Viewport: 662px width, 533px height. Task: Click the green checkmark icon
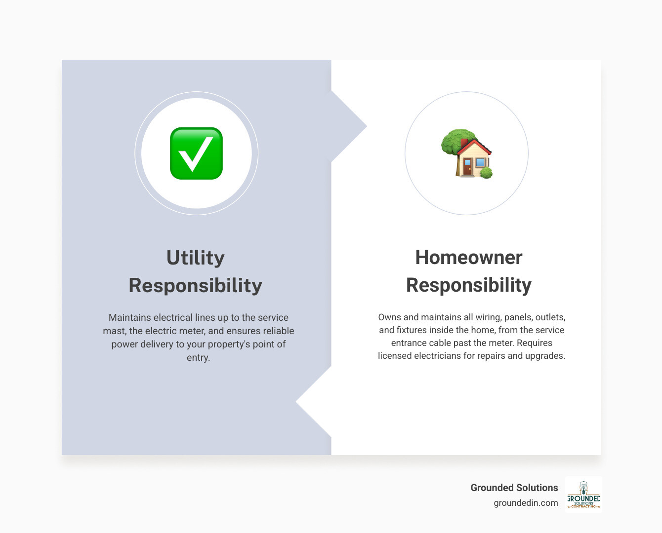[x=196, y=153]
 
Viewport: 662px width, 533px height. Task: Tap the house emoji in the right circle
[x=467, y=154]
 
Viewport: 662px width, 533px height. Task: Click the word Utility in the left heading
[x=196, y=258]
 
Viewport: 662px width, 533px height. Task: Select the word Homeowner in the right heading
[x=468, y=257]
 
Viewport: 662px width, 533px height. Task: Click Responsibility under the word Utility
[x=196, y=285]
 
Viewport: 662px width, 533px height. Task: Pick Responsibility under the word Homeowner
[x=468, y=285]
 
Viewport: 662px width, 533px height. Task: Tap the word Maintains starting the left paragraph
[x=129, y=317]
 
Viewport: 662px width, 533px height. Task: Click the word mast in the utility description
[x=114, y=331]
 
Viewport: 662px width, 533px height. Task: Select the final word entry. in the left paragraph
[x=198, y=357]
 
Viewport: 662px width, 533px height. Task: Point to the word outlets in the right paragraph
[x=550, y=317]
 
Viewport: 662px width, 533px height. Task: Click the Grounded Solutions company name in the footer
[x=514, y=488]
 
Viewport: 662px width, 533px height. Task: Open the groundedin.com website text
[x=526, y=503]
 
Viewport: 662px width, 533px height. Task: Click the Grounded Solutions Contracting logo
[x=583, y=495]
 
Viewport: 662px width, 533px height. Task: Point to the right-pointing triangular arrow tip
[x=361, y=126]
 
